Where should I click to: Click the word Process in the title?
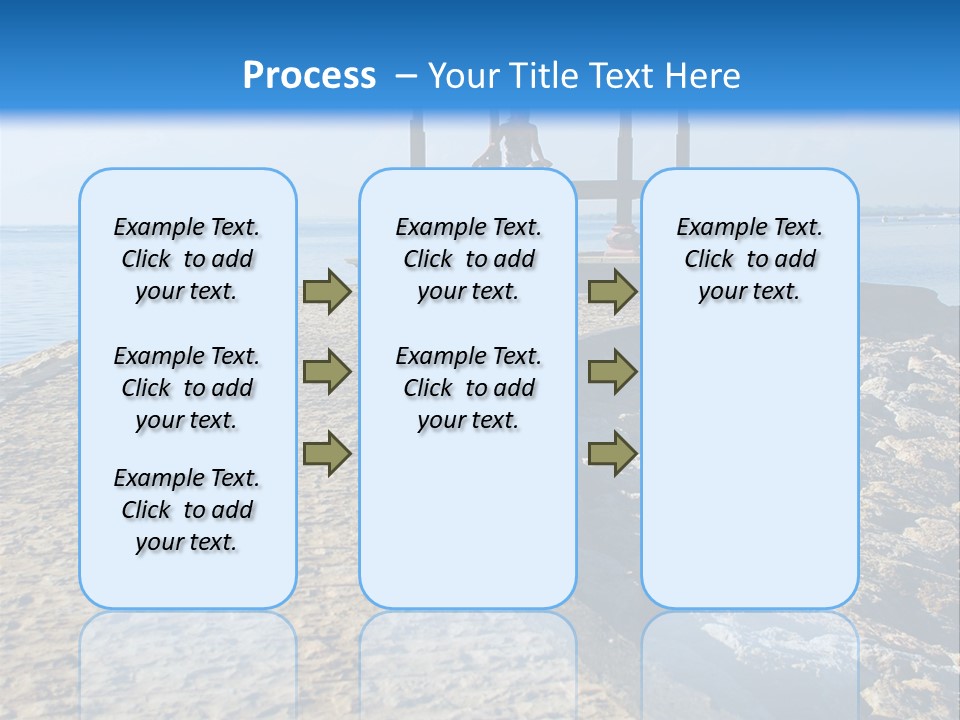point(309,76)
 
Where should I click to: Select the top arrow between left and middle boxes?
point(327,292)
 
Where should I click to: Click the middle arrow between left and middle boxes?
point(327,372)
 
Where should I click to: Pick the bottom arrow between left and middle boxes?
point(327,452)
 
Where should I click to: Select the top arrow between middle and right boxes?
point(612,292)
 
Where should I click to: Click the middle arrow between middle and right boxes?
point(612,372)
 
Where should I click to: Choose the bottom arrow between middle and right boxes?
point(612,452)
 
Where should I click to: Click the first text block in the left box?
point(187,259)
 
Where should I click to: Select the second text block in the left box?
point(187,388)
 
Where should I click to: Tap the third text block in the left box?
point(187,510)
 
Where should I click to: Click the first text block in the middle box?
point(468,259)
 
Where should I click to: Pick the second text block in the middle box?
point(468,388)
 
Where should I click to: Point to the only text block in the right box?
point(749,259)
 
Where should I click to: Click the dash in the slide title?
point(405,76)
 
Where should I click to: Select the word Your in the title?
point(464,76)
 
